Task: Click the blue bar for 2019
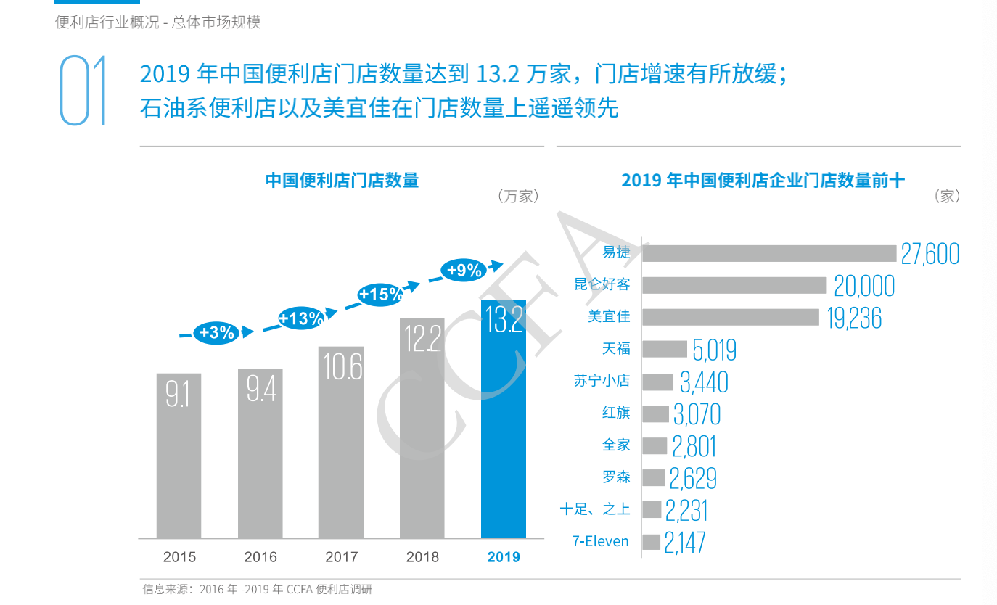tap(504, 421)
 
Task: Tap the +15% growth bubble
tap(380, 295)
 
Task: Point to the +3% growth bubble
tap(216, 333)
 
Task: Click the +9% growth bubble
tap(464, 271)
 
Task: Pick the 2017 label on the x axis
tap(341, 557)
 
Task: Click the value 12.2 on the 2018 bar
tap(422, 339)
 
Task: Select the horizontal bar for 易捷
tap(769, 253)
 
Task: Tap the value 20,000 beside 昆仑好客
tap(863, 287)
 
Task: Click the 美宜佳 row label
tap(609, 317)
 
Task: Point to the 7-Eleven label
tap(600, 541)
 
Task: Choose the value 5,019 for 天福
tap(714, 350)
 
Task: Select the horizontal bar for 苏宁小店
tap(657, 382)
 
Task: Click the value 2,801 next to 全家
tap(694, 446)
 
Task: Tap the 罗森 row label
tap(616, 477)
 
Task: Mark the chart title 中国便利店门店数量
tap(342, 180)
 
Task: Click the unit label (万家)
tap(517, 197)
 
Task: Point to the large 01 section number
tap(83, 90)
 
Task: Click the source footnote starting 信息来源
tap(257, 589)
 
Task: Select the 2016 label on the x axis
tap(260, 557)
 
